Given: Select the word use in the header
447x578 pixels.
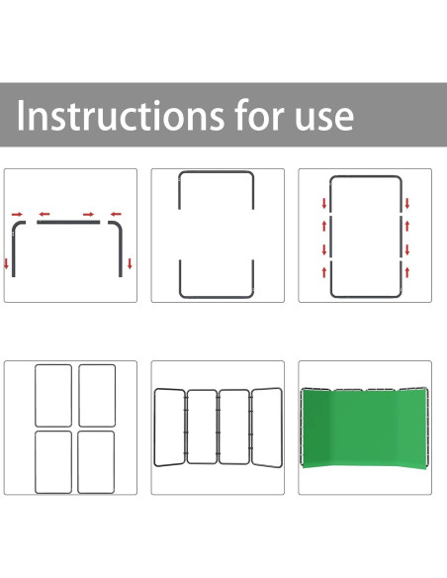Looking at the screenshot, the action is [x=324, y=119].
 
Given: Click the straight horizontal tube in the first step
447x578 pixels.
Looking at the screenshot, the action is [x=68, y=223].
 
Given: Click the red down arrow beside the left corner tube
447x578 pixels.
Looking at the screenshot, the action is [x=6, y=263].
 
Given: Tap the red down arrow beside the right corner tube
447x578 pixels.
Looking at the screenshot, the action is [x=130, y=263].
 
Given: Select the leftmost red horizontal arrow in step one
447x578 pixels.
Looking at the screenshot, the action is [x=17, y=214].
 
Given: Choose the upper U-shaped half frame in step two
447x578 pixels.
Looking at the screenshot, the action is [x=217, y=172].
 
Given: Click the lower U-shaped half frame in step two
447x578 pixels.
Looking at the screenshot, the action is [x=217, y=296].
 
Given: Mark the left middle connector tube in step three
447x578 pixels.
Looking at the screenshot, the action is [x=330, y=237].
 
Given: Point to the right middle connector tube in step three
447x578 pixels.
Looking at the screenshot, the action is [x=401, y=237].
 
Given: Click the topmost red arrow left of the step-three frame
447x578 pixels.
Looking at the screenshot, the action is [x=324, y=203].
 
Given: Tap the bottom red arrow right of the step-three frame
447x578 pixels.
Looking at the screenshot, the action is [x=407, y=272].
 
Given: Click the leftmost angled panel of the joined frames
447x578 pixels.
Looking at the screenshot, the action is [x=155, y=428].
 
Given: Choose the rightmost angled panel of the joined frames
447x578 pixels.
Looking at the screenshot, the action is [x=282, y=428].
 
